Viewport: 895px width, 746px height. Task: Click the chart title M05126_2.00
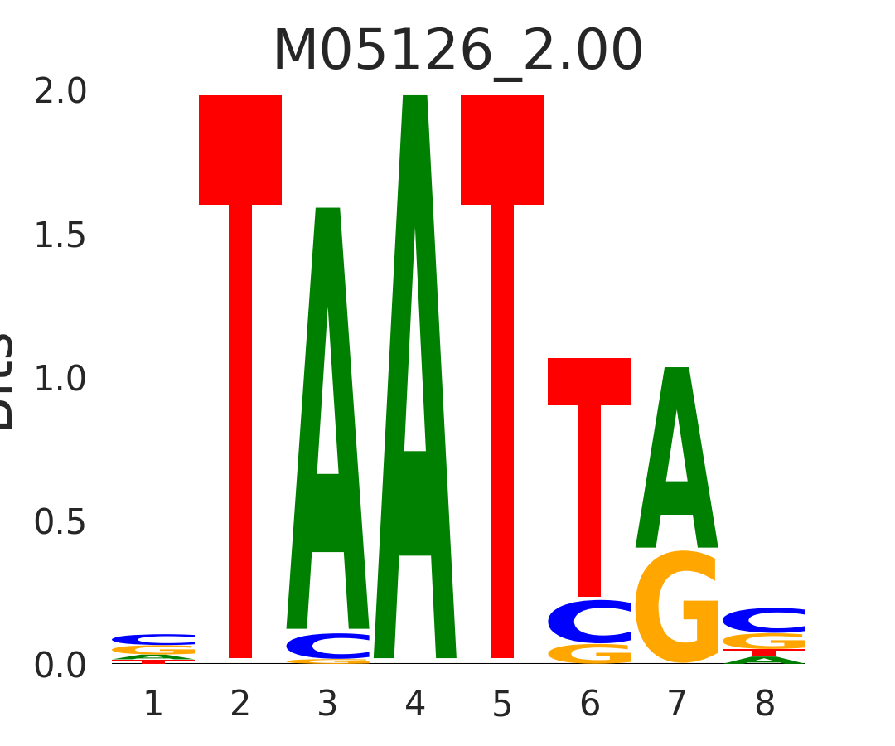(x=457, y=51)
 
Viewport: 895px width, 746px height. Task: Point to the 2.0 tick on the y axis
(x=60, y=92)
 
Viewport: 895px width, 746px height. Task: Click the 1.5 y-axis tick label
(x=60, y=236)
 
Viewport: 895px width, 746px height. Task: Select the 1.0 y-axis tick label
(x=60, y=380)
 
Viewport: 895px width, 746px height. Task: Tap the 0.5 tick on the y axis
(x=60, y=523)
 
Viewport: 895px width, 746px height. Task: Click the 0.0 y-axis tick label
(x=60, y=666)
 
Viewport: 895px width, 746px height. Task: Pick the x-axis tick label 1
(x=153, y=705)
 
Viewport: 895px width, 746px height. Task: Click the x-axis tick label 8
(x=764, y=705)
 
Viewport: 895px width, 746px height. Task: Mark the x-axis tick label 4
(x=415, y=705)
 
